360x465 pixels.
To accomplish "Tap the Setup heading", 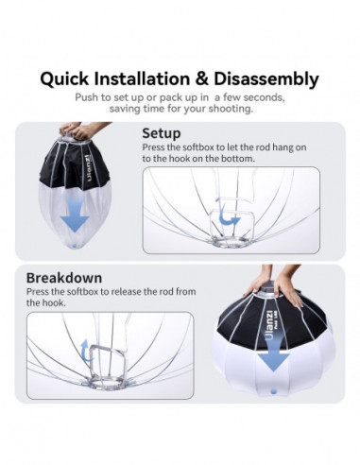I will pyautogui.click(x=162, y=133).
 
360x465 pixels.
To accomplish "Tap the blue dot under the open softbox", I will pyautogui.click(x=273, y=413).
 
